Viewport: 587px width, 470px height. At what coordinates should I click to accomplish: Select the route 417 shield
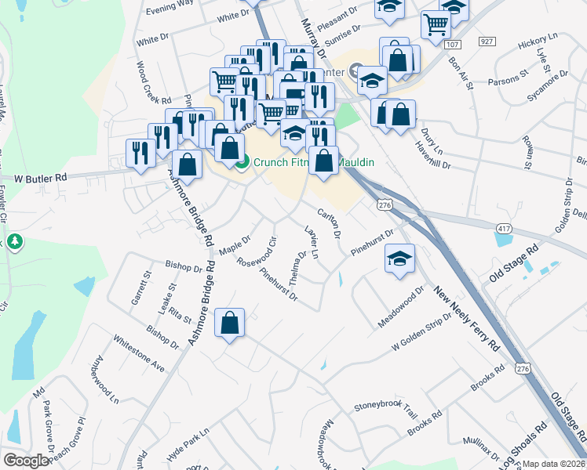coord(504,227)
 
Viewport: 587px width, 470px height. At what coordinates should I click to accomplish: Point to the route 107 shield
coord(451,45)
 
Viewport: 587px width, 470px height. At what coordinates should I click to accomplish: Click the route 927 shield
coord(487,41)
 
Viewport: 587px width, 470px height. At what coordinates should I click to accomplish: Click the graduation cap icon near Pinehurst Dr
coord(399,259)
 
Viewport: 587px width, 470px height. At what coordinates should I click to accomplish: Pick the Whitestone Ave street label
coord(139,355)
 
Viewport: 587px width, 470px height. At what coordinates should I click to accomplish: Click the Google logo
coord(25,461)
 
